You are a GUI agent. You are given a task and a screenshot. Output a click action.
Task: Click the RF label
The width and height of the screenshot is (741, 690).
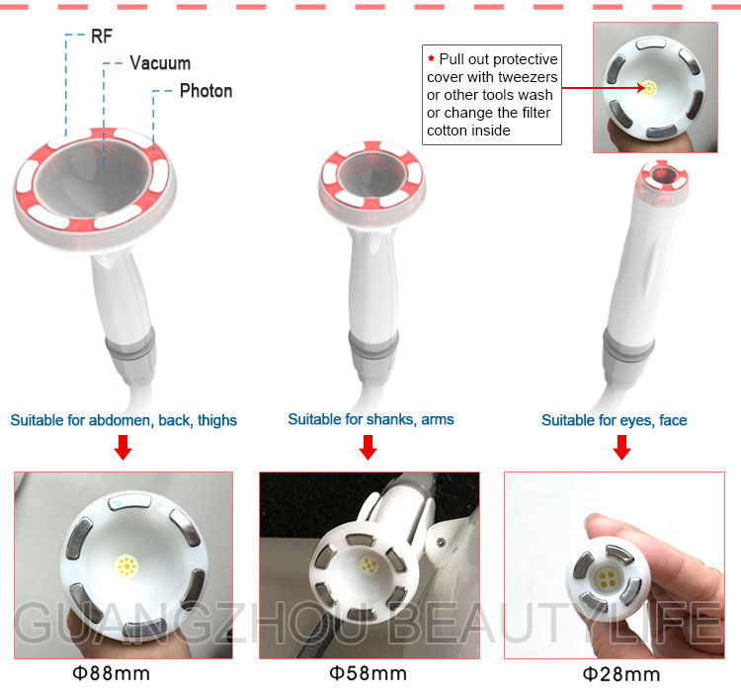[102, 36]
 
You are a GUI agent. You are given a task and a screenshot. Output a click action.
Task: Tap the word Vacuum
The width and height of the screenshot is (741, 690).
[160, 63]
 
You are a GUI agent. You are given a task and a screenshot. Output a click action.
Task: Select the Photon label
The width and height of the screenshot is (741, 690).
[206, 91]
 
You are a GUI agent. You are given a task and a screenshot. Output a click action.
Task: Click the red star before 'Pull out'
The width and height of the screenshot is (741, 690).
[431, 58]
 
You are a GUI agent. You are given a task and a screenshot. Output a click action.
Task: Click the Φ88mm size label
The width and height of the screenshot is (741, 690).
[111, 673]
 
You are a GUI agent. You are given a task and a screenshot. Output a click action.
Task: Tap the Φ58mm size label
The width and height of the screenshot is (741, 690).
[369, 673]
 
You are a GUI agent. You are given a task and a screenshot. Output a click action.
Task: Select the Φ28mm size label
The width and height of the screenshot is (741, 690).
[621, 674]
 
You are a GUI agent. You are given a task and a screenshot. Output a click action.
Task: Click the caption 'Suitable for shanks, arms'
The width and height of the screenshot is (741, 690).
[370, 419]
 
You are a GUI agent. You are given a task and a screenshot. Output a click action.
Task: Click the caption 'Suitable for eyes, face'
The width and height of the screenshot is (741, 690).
[615, 420]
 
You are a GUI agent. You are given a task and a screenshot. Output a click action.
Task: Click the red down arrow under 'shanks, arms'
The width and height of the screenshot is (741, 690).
[368, 447]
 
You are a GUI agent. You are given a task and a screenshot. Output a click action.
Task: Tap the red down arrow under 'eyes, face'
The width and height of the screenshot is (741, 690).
[621, 447]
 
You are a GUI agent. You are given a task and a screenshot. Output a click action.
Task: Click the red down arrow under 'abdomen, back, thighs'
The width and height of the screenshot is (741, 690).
[123, 447]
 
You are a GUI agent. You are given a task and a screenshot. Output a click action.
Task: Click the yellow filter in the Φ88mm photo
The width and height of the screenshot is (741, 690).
[126, 566]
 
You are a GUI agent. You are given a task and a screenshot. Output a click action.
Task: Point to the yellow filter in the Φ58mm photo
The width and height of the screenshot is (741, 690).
[369, 565]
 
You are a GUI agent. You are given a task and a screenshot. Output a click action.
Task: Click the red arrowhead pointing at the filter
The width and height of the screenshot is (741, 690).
[641, 88]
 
